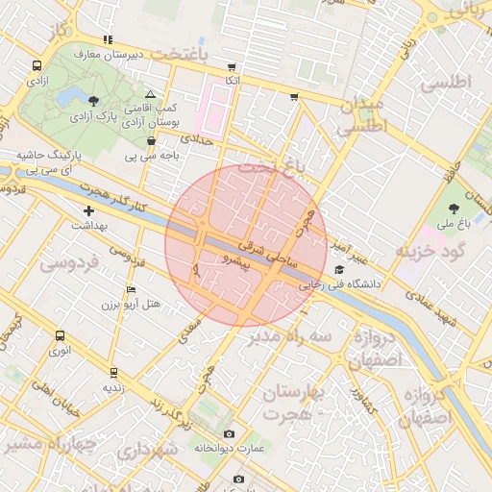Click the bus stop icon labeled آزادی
pyautogui.click(x=37, y=66)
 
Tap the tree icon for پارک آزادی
pyautogui.click(x=92, y=100)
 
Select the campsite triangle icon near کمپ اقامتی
pyautogui.click(x=150, y=94)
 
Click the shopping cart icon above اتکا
pyautogui.click(x=231, y=67)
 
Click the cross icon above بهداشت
pyautogui.click(x=89, y=210)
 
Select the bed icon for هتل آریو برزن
pyautogui.click(x=132, y=289)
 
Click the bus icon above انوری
pyautogui.click(x=61, y=336)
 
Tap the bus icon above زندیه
pyautogui.click(x=113, y=373)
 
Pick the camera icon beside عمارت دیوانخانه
pyautogui.click(x=228, y=434)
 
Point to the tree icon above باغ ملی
pyautogui.click(x=454, y=209)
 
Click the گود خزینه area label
pyautogui.click(x=430, y=252)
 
